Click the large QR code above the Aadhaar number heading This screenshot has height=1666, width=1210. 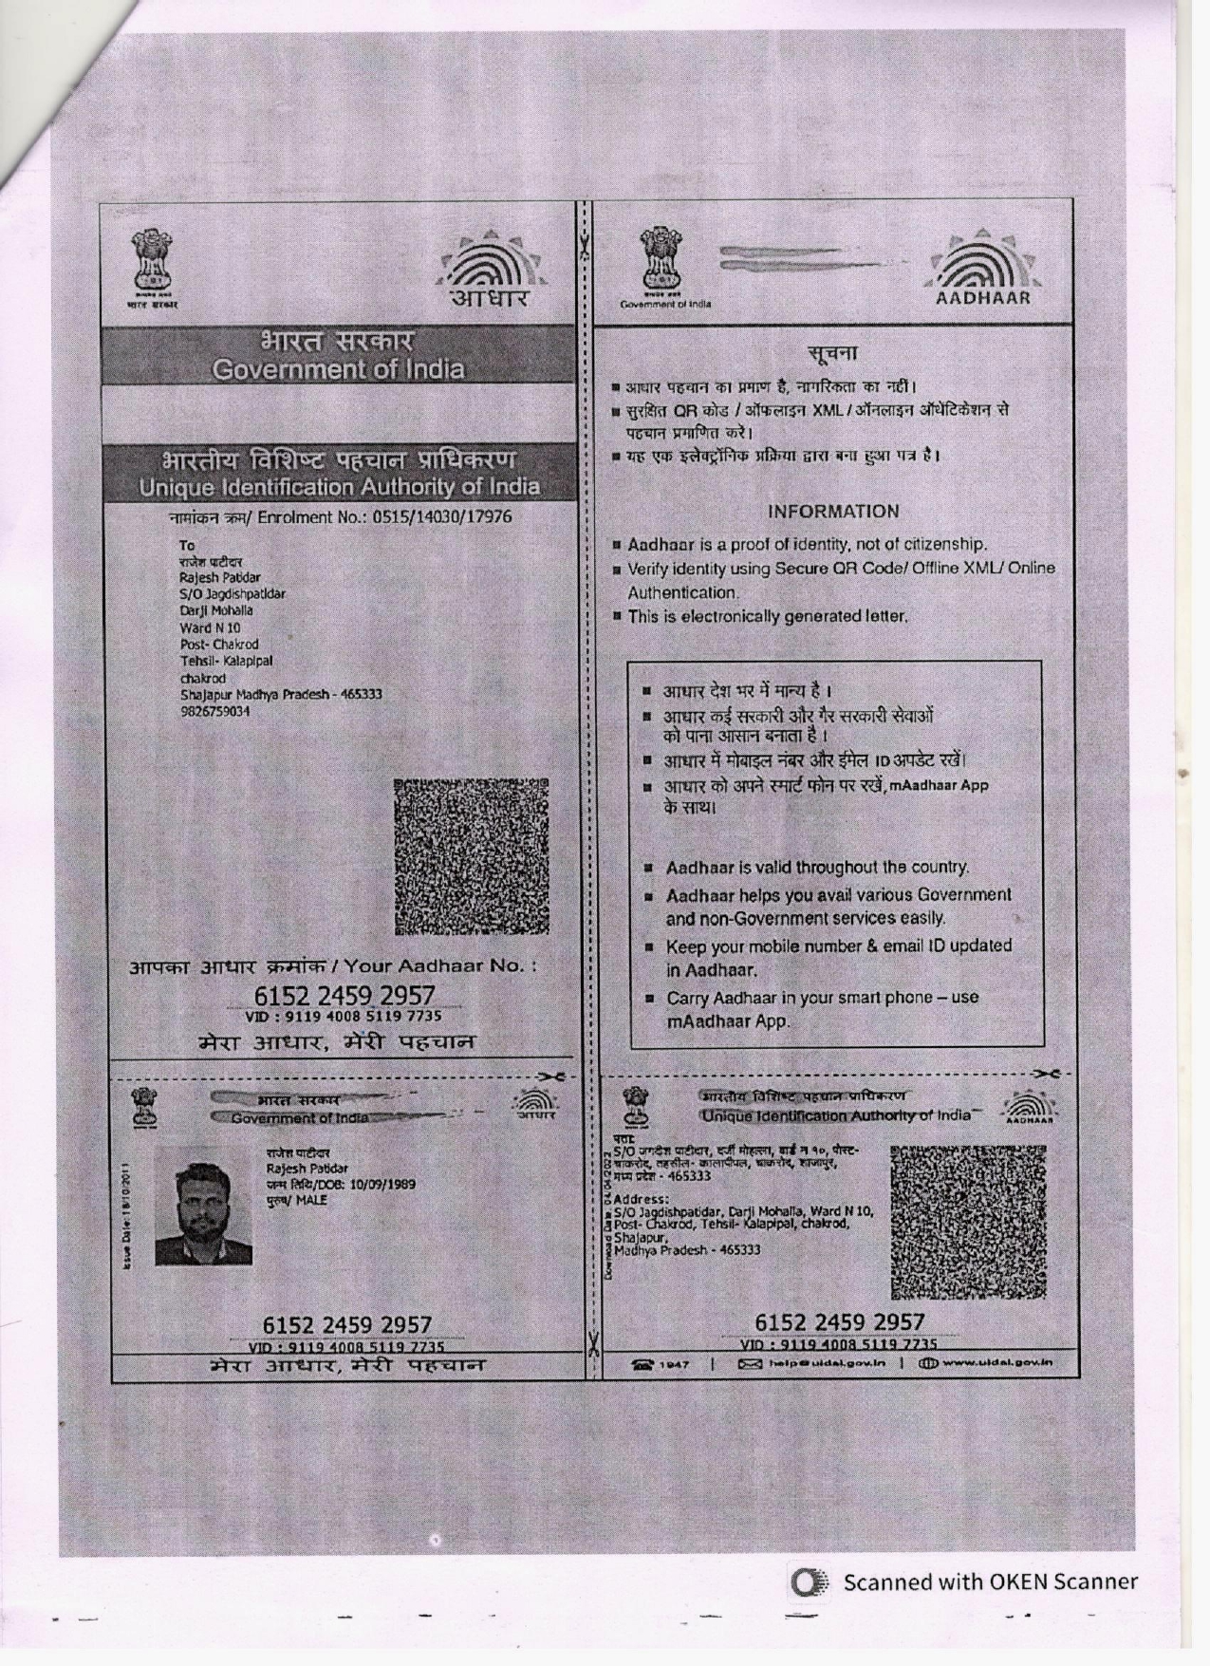[x=471, y=856]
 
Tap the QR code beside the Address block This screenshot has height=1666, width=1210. [x=968, y=1221]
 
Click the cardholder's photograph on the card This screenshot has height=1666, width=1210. [x=204, y=1205]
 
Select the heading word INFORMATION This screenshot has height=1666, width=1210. [x=833, y=512]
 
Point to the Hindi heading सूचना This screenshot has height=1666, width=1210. [x=832, y=354]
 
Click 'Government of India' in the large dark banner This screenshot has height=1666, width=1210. [x=338, y=369]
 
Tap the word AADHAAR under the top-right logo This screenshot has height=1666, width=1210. [x=983, y=298]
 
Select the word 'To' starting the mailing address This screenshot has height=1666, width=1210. [x=187, y=546]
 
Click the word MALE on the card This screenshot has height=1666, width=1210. [x=311, y=1200]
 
